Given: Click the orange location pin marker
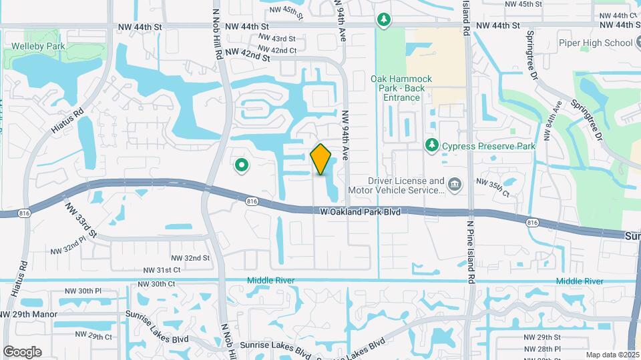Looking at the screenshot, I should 321,159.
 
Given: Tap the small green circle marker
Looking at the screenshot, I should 241,164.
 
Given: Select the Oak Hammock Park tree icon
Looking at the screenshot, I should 383,20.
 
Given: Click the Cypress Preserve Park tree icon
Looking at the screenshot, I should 432,145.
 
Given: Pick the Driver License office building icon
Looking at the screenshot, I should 455,183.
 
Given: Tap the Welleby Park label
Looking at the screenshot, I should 37,47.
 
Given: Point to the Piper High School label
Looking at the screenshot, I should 595,43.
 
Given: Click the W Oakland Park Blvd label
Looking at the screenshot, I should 360,212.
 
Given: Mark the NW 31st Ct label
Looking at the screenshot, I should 162,270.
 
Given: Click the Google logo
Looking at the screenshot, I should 22,351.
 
